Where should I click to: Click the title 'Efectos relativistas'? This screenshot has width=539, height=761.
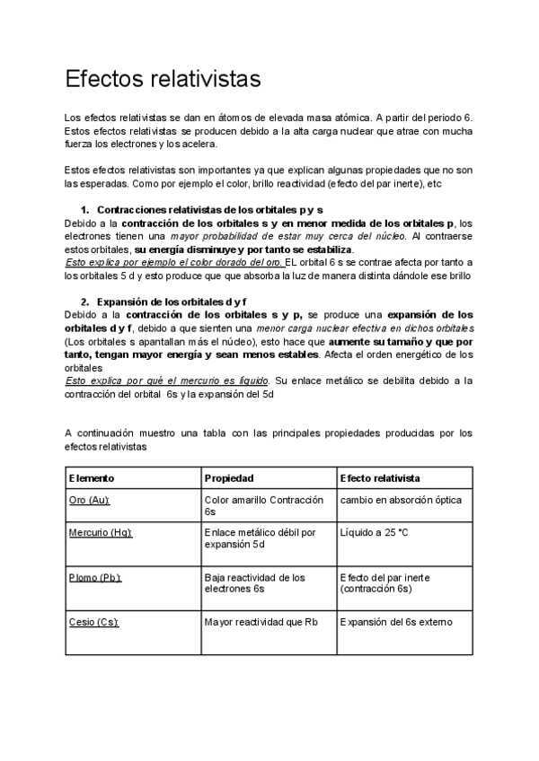[x=163, y=79]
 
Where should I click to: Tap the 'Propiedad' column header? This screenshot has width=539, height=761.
[x=230, y=477]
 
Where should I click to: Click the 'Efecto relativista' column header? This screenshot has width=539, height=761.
[x=381, y=477]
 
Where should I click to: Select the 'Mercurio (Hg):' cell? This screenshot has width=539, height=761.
[x=101, y=532]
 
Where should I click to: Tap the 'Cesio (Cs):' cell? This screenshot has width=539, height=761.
[x=94, y=621]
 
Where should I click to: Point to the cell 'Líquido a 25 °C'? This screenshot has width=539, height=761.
[x=374, y=532]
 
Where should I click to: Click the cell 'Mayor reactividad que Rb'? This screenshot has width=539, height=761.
[x=261, y=621]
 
